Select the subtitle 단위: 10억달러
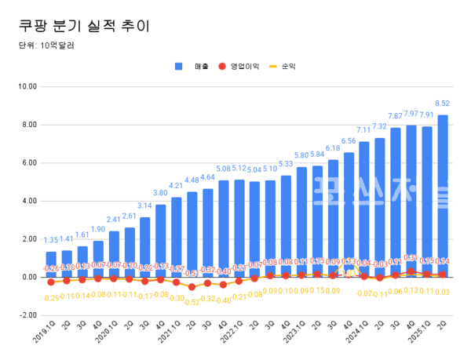pos(48,45)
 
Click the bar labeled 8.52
pos(443,196)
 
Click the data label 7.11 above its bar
pos(363,130)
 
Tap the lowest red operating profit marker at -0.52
pos(192,287)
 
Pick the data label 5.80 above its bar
pos(301,155)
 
